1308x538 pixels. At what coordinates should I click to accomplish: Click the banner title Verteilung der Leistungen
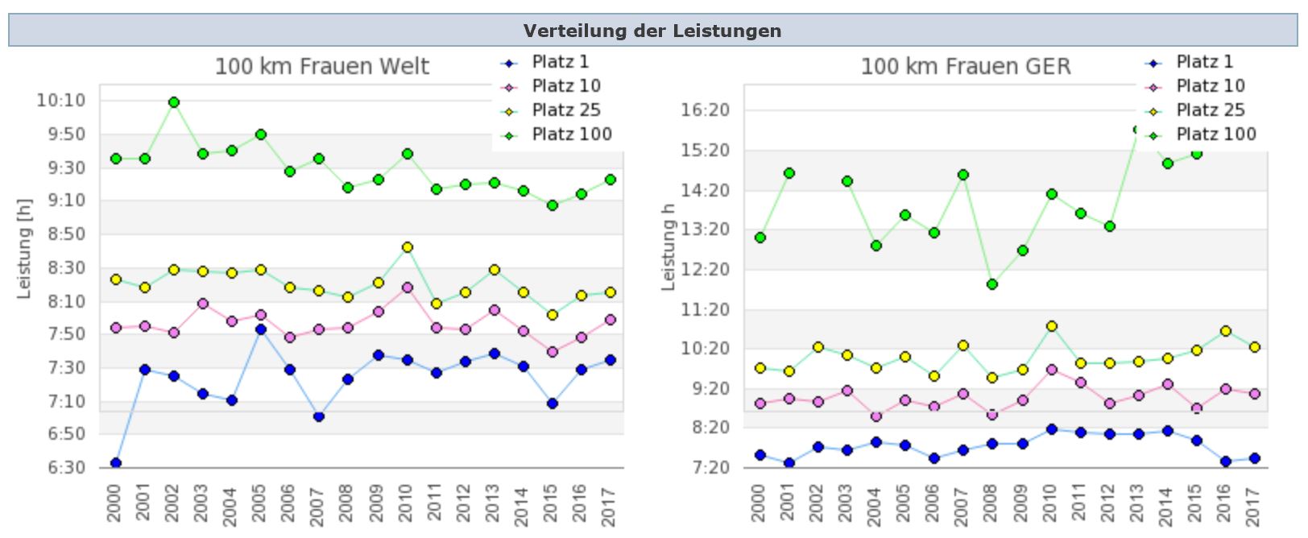click(652, 31)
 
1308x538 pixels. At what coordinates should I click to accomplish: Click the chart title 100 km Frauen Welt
click(322, 66)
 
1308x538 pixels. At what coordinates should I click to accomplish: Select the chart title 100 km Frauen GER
click(966, 66)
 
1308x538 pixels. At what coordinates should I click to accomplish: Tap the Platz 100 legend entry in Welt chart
click(571, 134)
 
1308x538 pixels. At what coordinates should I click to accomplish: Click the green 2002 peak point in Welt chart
click(174, 102)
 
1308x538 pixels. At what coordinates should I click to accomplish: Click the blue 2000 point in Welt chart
click(116, 463)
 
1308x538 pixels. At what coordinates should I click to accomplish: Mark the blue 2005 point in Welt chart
click(261, 329)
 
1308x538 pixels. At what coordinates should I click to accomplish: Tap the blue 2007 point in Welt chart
click(319, 416)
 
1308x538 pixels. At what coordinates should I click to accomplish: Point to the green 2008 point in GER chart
click(992, 284)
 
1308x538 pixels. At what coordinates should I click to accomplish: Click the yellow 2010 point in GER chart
click(1052, 326)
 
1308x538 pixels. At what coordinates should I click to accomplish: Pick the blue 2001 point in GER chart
click(789, 463)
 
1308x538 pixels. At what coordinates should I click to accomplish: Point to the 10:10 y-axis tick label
click(60, 101)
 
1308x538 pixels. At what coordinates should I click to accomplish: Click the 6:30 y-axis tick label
click(65, 467)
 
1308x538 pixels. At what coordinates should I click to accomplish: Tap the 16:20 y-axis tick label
click(705, 110)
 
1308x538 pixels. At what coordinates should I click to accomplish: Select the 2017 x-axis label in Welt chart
click(610, 504)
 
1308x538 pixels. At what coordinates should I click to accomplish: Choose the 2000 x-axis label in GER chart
click(758, 504)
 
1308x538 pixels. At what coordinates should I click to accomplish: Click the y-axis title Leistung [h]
click(25, 248)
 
